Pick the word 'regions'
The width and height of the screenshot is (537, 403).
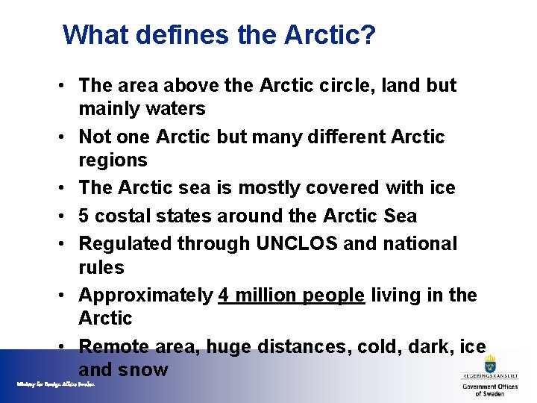click(113, 160)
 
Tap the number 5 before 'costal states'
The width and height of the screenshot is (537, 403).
click(84, 216)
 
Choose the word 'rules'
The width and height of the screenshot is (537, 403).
click(101, 267)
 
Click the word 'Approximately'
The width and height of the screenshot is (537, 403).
click(145, 296)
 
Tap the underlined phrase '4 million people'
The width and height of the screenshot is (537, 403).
click(291, 296)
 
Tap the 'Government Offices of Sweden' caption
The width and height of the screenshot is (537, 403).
click(490, 390)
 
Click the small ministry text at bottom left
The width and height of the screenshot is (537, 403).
click(56, 384)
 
